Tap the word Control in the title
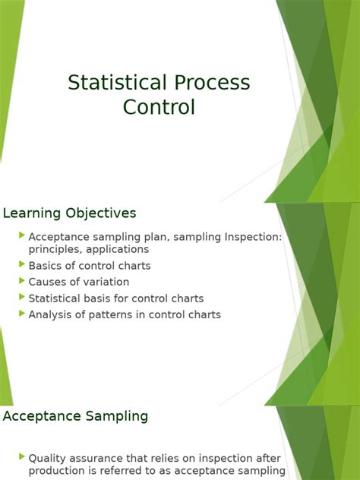[x=159, y=107]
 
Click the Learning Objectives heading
[x=70, y=213]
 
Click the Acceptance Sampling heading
[x=75, y=416]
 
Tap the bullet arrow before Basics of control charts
[x=22, y=264]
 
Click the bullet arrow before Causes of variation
[x=22, y=281]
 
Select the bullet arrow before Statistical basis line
[x=22, y=298]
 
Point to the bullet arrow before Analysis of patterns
[x=22, y=314]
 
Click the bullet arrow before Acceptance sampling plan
[x=22, y=236]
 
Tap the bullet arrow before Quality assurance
[x=22, y=457]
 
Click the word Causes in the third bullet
[x=47, y=282]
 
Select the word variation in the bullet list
[x=106, y=282]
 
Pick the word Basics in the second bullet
[x=46, y=266]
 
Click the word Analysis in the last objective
[x=51, y=314]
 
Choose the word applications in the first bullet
[x=117, y=248]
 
